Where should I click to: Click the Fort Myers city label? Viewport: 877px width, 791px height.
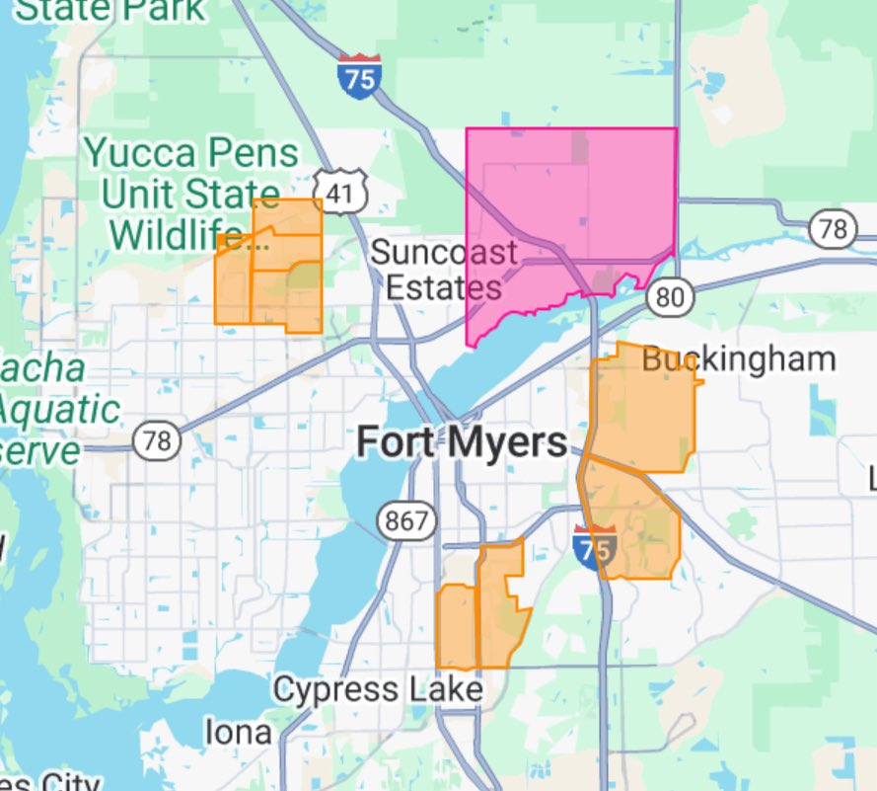point(461,441)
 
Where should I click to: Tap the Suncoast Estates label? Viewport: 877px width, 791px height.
point(443,269)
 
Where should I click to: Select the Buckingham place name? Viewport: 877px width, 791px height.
point(738,358)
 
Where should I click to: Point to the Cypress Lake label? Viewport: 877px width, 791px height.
point(377,689)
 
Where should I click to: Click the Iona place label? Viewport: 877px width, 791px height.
point(238,732)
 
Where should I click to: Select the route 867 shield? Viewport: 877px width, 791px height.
point(406,520)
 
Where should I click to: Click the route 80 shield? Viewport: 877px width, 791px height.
point(671,295)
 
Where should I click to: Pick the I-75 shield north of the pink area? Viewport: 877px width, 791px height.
point(358,77)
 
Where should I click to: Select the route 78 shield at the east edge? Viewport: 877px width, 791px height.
point(833,229)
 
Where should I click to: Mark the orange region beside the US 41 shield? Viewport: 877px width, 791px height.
point(281,267)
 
